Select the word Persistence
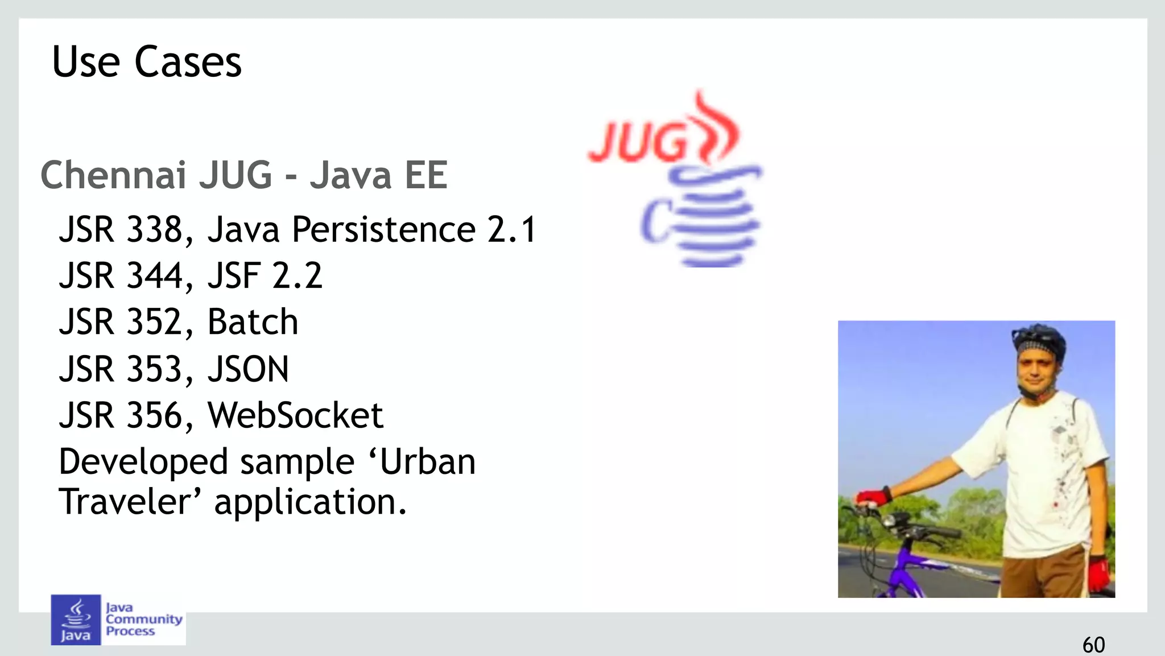coord(383,230)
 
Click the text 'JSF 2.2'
coord(265,276)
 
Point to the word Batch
coord(253,322)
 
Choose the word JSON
coord(248,369)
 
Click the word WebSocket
coord(295,415)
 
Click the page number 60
coord(1093,645)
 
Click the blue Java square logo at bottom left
coord(76,620)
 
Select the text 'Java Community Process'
coord(143,620)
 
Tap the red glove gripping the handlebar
coord(873,497)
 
